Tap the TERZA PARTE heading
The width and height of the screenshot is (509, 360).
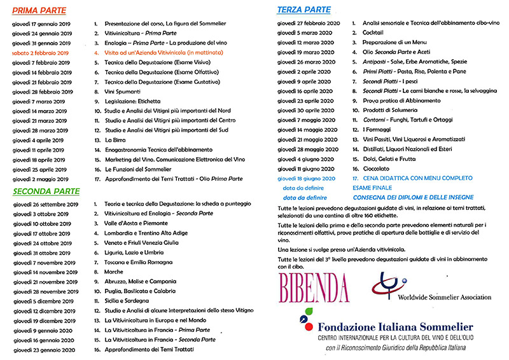pyautogui.click(x=303, y=10)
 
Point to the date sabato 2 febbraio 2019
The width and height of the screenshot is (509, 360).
pyautogui.click(x=43, y=53)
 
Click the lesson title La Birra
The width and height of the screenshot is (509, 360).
pyautogui.click(x=116, y=139)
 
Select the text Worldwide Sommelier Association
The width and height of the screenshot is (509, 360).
pyautogui.click(x=445, y=297)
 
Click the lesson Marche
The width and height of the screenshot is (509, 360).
pyautogui.click(x=115, y=272)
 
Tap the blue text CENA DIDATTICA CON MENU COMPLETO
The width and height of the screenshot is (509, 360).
pyautogui.click(x=412, y=179)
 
